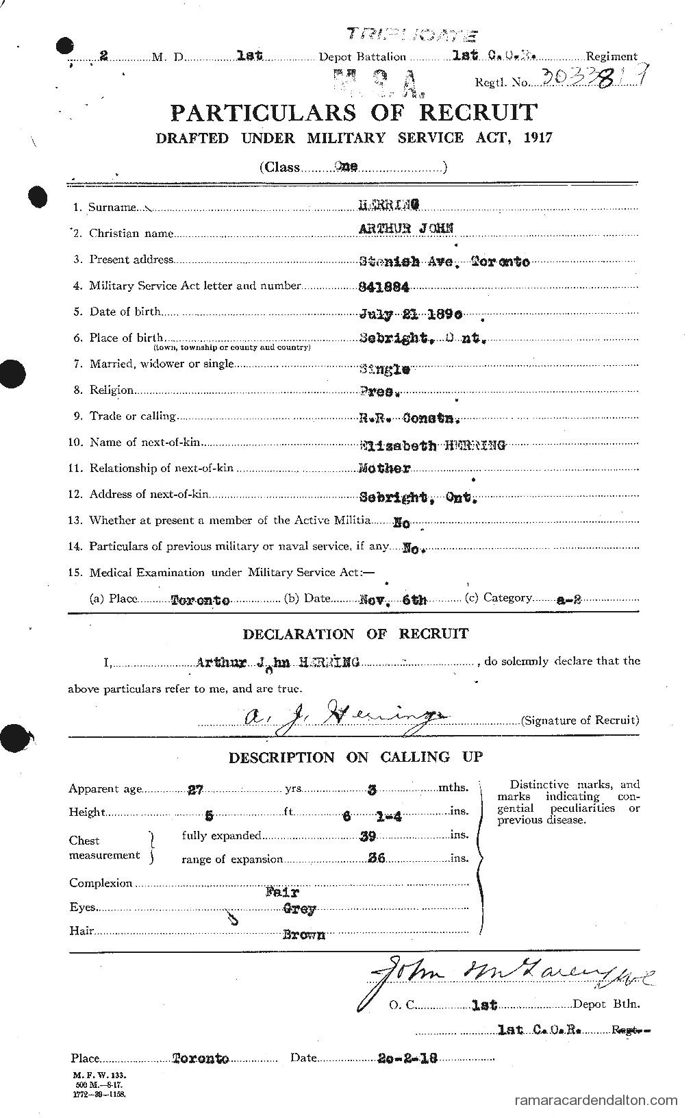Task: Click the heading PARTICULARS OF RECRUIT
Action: pyautogui.click(x=353, y=112)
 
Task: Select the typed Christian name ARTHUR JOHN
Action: pyautogui.click(x=405, y=229)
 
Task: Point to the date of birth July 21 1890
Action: pyautogui.click(x=411, y=314)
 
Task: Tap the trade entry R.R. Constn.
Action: pyautogui.click(x=409, y=419)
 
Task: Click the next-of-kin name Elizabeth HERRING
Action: pyautogui.click(x=432, y=445)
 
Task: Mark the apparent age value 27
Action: pyautogui.click(x=196, y=788)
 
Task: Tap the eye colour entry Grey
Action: pyautogui.click(x=299, y=910)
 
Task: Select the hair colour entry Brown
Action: pyautogui.click(x=303, y=934)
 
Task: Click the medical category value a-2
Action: pyautogui.click(x=569, y=599)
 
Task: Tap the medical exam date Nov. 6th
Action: pyautogui.click(x=393, y=599)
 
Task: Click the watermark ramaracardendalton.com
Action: pyautogui.click(x=595, y=1102)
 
